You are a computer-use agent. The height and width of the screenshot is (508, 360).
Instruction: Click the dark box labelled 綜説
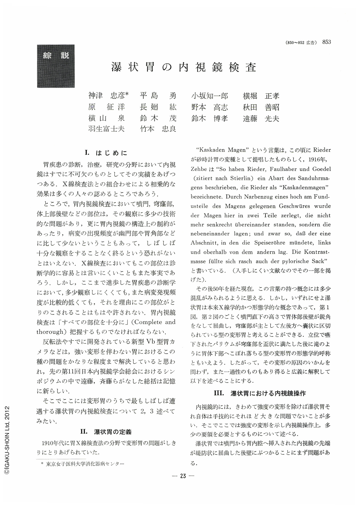(56, 66)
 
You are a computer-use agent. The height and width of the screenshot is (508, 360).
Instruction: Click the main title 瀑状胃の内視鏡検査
(184, 67)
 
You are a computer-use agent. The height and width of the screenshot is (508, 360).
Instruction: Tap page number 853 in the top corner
(327, 42)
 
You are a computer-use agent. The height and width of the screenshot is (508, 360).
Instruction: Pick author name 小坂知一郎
(210, 96)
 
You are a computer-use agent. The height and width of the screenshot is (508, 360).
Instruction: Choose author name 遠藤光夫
(261, 118)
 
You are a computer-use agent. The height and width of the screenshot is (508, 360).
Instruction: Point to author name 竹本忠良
(158, 129)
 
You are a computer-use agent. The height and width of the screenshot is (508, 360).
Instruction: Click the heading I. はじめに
(106, 153)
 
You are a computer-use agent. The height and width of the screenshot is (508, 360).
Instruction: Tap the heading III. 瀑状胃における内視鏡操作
(260, 393)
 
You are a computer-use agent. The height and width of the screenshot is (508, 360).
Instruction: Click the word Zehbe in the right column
(198, 169)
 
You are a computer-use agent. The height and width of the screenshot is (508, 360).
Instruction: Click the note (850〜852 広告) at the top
(301, 43)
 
